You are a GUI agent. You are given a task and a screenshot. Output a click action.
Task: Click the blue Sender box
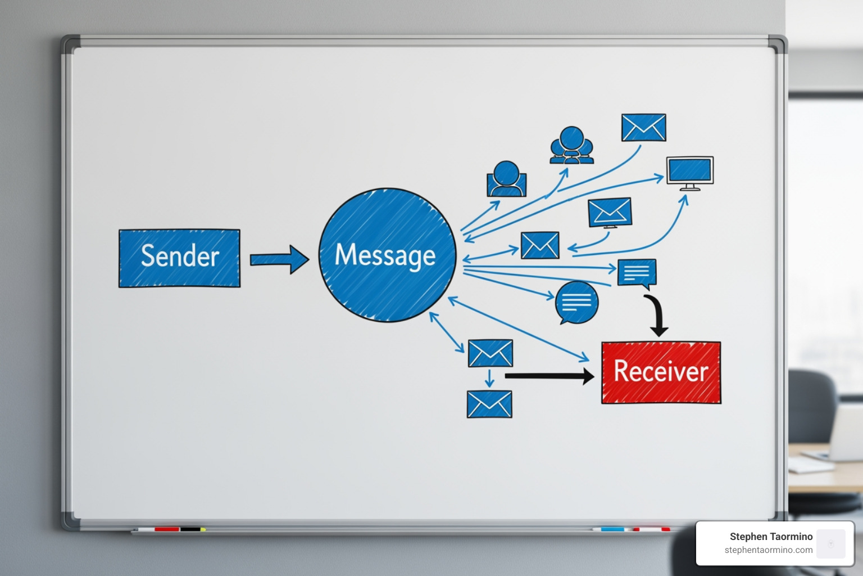[179, 258]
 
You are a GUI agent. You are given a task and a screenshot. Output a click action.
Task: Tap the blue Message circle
[387, 255]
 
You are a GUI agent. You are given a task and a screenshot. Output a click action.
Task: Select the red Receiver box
[661, 372]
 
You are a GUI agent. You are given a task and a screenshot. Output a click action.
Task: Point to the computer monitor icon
[689, 172]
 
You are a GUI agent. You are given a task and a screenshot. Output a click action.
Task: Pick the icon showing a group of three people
[571, 146]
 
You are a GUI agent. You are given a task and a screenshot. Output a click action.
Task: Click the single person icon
[506, 179]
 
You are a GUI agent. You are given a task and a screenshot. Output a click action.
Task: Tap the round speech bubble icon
[576, 303]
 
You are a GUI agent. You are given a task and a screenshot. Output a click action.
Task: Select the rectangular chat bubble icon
[637, 273]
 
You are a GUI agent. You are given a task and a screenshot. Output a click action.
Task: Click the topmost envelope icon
[643, 128]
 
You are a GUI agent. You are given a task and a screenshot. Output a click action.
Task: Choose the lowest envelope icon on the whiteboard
[489, 404]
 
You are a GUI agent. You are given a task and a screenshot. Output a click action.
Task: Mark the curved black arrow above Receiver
[656, 316]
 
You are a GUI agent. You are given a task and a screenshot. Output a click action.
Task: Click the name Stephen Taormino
[771, 537]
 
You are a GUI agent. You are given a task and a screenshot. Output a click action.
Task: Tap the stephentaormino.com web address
[768, 550]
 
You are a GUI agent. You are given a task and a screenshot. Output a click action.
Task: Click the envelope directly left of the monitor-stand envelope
[540, 245]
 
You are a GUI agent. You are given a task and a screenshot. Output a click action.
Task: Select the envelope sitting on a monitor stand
[610, 213]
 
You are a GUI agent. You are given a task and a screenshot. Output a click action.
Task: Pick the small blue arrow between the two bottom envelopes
[489, 378]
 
